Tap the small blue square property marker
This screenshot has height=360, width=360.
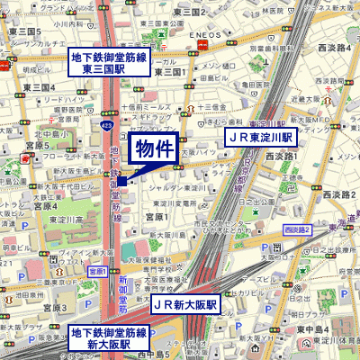(121, 181)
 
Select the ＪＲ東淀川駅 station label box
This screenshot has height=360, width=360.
(259, 138)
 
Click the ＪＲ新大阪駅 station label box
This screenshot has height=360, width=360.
(185, 305)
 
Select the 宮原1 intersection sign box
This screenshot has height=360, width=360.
(98, 271)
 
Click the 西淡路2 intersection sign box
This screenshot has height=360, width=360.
(296, 230)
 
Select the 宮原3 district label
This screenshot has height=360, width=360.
(36, 144)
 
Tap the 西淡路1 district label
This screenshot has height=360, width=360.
(281, 156)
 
